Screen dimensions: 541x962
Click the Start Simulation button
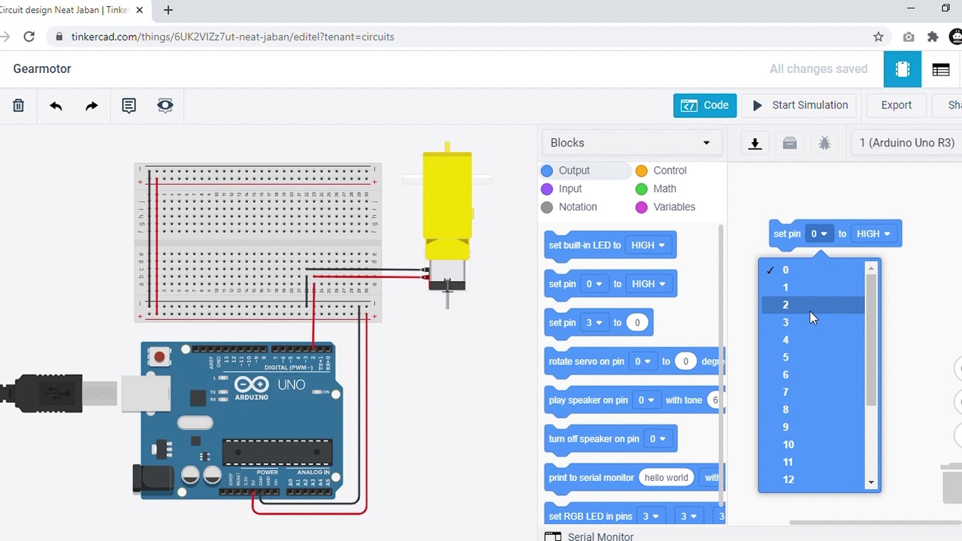[x=800, y=105]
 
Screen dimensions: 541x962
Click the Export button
[x=896, y=105]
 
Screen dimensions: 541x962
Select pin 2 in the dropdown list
[x=785, y=305]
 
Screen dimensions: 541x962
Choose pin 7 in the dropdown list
[x=785, y=392]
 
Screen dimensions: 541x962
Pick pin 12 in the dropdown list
[x=788, y=479]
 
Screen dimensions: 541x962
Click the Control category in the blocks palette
[x=669, y=171]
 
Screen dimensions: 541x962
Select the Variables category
[x=673, y=207]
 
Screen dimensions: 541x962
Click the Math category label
[x=664, y=189]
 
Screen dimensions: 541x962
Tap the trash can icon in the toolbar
[x=19, y=106]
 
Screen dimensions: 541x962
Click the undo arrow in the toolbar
[x=56, y=106]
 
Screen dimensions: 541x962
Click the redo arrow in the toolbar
[x=92, y=106]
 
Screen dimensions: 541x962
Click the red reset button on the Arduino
[x=159, y=357]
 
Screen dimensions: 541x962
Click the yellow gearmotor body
[x=447, y=195]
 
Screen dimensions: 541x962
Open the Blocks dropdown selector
[x=630, y=143]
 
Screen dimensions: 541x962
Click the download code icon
[x=755, y=144]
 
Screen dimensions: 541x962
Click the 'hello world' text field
[x=666, y=478]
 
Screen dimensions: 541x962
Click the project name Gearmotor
[x=42, y=68]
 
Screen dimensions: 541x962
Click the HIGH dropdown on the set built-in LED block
[x=648, y=245]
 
